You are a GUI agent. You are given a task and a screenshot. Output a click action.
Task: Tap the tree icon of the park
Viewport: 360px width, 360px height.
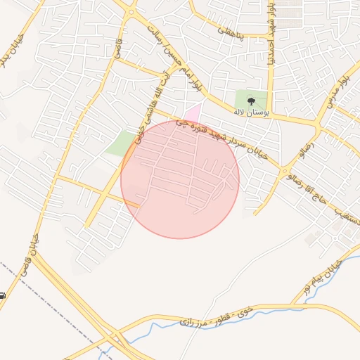[x=252, y=101]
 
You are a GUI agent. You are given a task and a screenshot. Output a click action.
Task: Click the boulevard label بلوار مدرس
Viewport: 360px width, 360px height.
[x=338, y=91]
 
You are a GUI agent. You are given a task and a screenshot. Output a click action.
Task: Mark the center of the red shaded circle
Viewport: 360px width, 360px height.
[x=180, y=179]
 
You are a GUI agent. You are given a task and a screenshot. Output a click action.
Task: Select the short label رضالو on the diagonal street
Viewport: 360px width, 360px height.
[x=304, y=147]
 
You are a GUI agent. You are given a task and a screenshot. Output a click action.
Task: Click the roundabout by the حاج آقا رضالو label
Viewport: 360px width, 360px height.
[x=284, y=171]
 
